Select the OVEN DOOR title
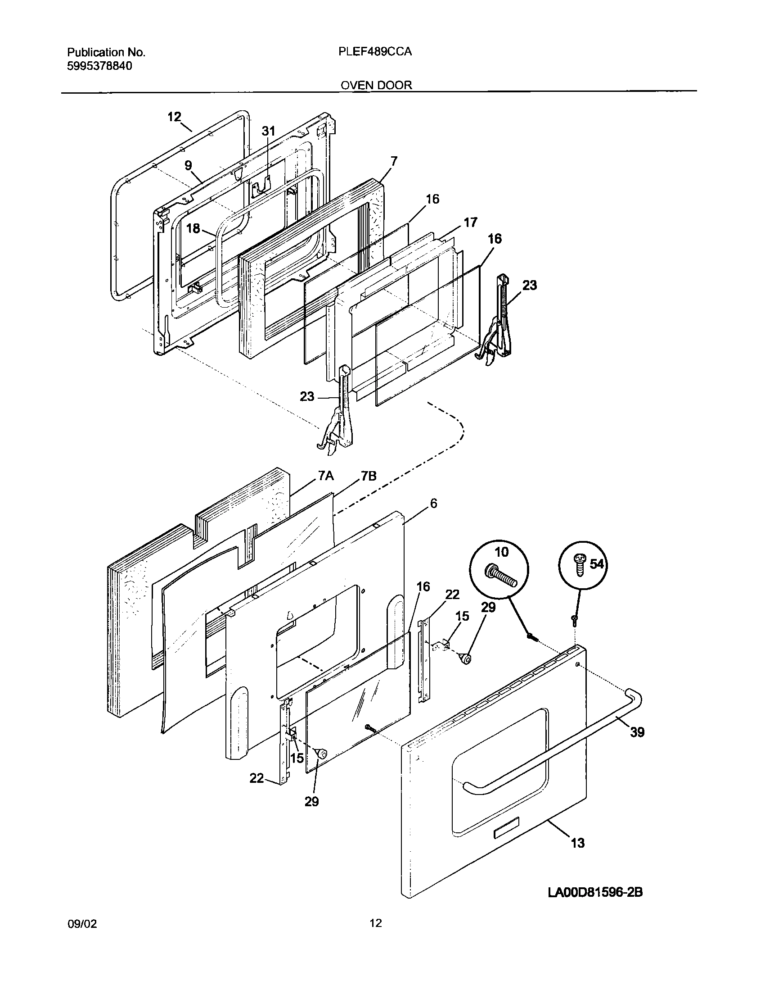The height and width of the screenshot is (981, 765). click(376, 85)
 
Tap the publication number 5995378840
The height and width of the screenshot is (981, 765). click(99, 66)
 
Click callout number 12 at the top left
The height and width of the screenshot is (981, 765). click(174, 117)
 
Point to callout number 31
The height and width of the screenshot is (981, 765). click(268, 131)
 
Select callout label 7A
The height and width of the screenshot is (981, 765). click(325, 476)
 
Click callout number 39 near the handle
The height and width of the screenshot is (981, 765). click(637, 732)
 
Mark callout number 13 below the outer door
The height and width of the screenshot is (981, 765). click(577, 843)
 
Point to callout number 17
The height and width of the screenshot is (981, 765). click(470, 222)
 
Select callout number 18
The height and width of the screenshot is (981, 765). click(193, 228)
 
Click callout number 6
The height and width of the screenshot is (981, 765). click(433, 503)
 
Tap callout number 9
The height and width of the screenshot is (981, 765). click(188, 166)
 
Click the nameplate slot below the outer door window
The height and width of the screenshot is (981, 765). click(506, 834)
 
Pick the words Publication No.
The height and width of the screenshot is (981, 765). click(106, 52)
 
